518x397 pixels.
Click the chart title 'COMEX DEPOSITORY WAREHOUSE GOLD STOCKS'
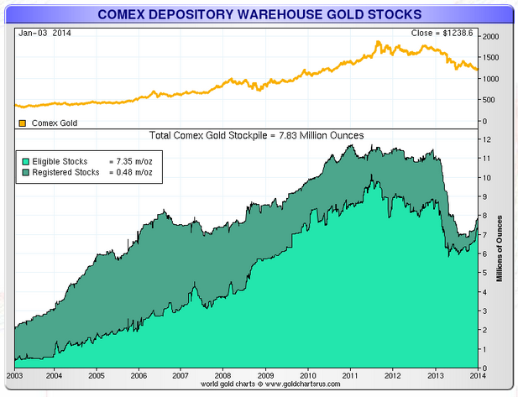[259, 14]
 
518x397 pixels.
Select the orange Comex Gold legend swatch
[23, 123]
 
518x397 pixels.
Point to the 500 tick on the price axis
[488, 100]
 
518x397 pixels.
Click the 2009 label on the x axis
[265, 375]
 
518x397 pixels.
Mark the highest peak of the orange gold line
[379, 41]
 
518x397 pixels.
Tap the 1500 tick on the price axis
[490, 59]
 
